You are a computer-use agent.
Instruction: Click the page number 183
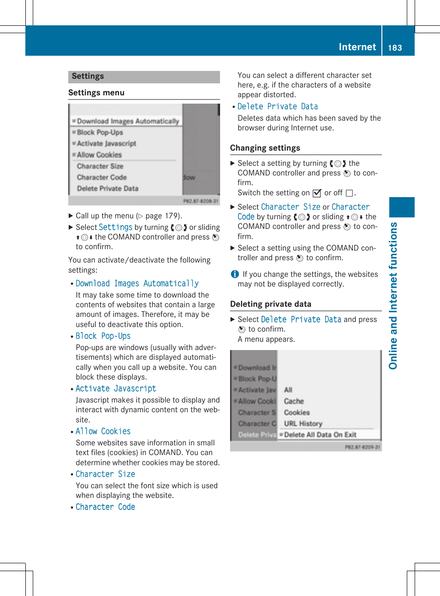pos(395,47)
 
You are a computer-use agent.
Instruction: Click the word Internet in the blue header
pos(357,47)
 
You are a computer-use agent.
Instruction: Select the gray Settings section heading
pos(88,76)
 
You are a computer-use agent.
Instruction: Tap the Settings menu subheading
pos(96,93)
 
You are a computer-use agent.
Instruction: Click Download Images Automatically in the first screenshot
pos(128,121)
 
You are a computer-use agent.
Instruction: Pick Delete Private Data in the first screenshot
pos(107,188)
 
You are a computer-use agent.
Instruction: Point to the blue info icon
pos(235,274)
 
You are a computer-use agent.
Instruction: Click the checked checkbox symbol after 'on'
pos(316,193)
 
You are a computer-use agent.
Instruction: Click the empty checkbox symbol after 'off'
pos(349,193)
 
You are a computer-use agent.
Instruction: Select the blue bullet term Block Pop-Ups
pos(103,336)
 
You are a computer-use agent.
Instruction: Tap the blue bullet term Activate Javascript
pos(116,389)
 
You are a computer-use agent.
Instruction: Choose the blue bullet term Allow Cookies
pos(103,432)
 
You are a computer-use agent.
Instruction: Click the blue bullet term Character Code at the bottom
pos(105,507)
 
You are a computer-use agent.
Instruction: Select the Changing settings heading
pos(265,148)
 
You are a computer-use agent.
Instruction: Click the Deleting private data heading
pos(270,304)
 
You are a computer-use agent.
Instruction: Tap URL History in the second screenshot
pos(303,424)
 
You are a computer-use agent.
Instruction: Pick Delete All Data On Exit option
pos(320,435)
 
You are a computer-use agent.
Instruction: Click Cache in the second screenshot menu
pos(294,401)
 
